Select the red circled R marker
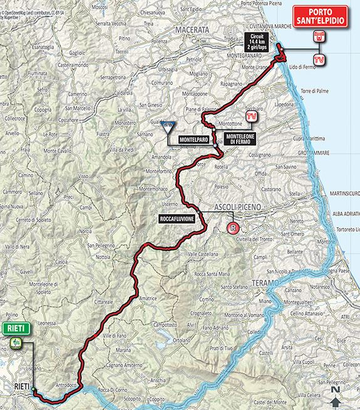[x=234, y=228]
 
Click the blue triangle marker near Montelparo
[x=168, y=127]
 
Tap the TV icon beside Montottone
[x=252, y=116]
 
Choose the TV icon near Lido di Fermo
[x=319, y=59]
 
